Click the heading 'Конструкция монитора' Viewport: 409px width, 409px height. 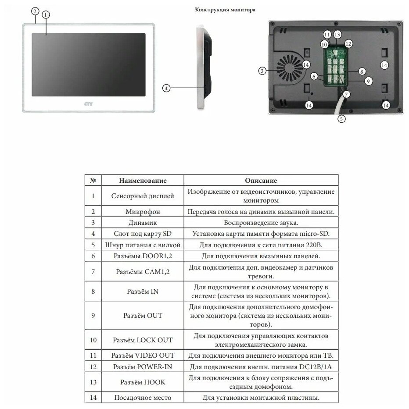(225, 9)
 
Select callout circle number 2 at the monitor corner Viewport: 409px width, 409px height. (35, 11)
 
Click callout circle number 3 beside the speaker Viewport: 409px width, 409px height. (262, 70)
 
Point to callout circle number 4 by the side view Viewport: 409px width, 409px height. (166, 88)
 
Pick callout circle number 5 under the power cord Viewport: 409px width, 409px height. (342, 117)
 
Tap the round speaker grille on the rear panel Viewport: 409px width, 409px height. (290, 69)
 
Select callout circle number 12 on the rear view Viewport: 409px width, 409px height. (348, 43)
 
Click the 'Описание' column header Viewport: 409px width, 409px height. (261, 181)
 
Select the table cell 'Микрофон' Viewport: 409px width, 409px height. (137, 211)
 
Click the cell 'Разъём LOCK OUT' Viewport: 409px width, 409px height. (137, 340)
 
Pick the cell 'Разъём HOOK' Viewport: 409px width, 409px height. (137, 382)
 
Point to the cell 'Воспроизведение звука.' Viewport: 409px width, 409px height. (261, 223)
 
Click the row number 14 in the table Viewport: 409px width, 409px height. (93, 398)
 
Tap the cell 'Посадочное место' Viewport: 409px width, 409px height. (137, 398)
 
